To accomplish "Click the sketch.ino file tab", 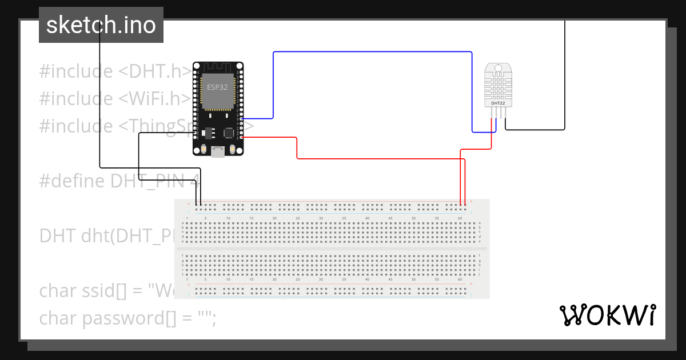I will pyautogui.click(x=101, y=25).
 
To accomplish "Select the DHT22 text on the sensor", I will pyautogui.click(x=498, y=103).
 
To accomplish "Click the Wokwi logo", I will pyautogui.click(x=607, y=315).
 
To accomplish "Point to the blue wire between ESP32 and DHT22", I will pyautogui.click(x=372, y=52).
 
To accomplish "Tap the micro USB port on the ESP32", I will pyautogui.click(x=218, y=151).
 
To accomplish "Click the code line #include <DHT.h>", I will pyautogui.click(x=114, y=71).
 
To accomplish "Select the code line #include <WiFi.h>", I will pyautogui.click(x=114, y=99).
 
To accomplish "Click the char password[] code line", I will pyautogui.click(x=127, y=318).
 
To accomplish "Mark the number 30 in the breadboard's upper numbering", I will pyautogui.click(x=321, y=219).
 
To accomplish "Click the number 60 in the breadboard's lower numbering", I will pyautogui.click(x=461, y=281).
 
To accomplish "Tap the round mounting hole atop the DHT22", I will pyautogui.click(x=498, y=68).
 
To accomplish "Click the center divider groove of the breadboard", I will pyautogui.click(x=332, y=249).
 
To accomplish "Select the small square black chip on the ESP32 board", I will pyautogui.click(x=229, y=133).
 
